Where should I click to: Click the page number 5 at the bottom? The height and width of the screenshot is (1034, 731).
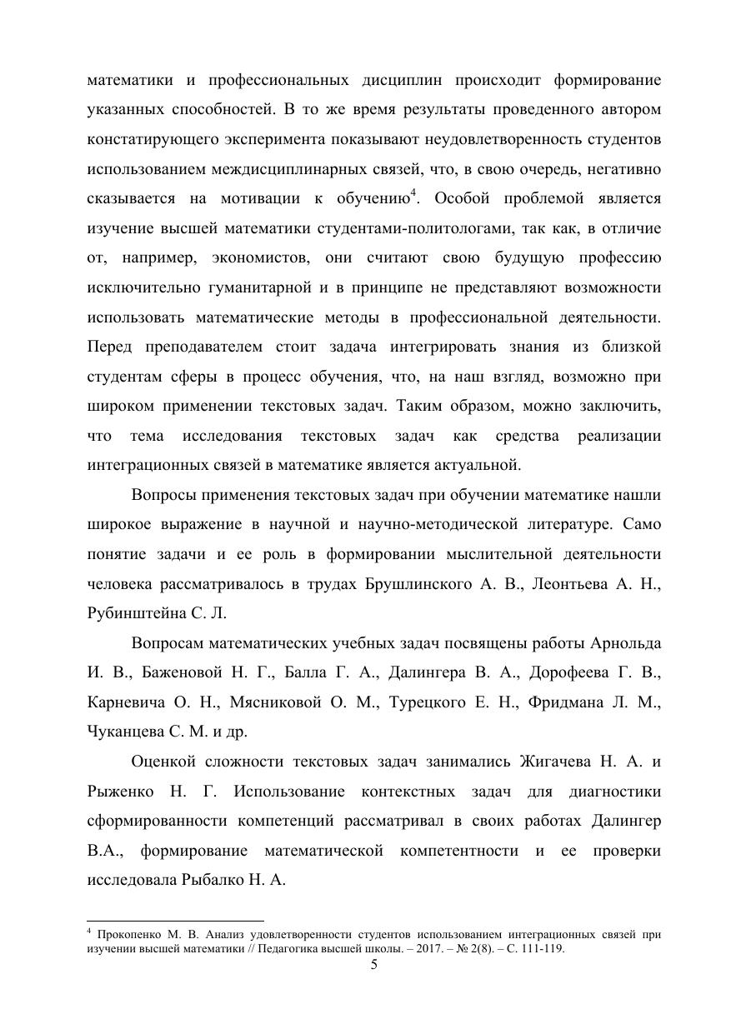(x=374, y=965)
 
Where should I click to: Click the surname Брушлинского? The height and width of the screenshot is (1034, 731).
(x=419, y=584)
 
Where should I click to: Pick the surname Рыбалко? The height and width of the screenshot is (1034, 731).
(x=211, y=880)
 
